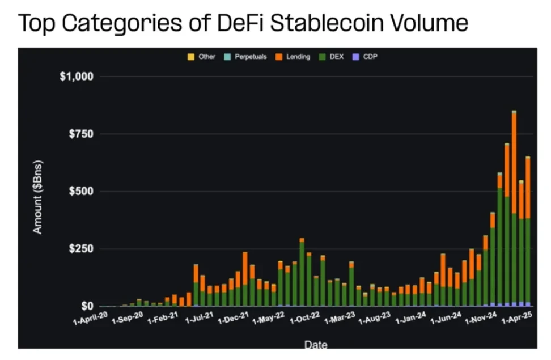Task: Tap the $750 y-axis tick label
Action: point(81,134)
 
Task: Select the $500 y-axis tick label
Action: point(81,192)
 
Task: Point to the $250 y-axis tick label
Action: point(81,249)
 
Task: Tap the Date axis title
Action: point(315,344)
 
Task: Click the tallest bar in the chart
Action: point(514,210)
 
